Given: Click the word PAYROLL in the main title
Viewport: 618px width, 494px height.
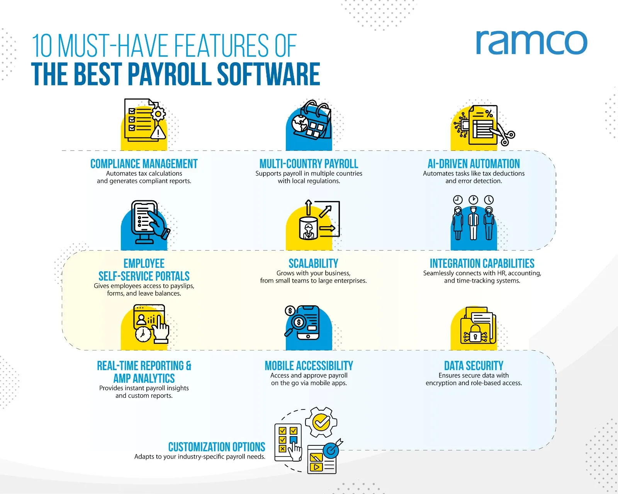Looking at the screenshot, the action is [170, 74].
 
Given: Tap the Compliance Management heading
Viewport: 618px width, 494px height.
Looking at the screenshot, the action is [144, 164].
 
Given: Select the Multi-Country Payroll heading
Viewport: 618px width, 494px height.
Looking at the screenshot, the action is [309, 164].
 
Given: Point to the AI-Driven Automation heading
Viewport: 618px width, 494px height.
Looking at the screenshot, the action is [474, 164].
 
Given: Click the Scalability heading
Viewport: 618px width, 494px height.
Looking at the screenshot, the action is [313, 264].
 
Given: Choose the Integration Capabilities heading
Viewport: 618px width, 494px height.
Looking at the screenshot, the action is [482, 264].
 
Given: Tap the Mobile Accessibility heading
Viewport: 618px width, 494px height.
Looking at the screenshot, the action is [309, 366].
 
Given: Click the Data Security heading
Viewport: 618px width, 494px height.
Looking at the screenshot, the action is [474, 366].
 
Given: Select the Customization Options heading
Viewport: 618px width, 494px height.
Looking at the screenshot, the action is [217, 447].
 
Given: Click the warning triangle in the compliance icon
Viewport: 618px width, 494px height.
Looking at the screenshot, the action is [158, 132].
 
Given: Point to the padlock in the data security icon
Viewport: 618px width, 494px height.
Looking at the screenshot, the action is [475, 333].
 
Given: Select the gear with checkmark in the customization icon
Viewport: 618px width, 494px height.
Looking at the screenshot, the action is [321, 422].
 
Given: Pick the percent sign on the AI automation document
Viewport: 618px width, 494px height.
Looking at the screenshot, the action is [489, 114].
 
